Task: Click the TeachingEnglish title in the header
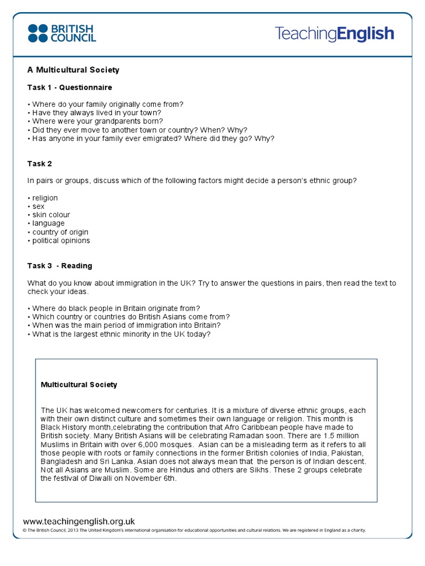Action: (334, 34)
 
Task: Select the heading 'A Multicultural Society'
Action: (73, 70)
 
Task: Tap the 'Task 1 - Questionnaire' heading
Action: (70, 87)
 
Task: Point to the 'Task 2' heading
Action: (40, 164)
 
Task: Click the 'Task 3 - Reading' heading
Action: (60, 266)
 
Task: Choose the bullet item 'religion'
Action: (44, 198)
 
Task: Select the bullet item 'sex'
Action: (38, 206)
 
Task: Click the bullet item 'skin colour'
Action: (51, 215)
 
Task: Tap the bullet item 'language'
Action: (48, 223)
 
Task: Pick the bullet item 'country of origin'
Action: (60, 232)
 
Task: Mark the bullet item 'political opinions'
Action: (61, 240)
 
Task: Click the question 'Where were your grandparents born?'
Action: (97, 121)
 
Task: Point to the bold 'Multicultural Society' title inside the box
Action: (79, 385)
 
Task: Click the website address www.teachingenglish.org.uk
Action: (79, 521)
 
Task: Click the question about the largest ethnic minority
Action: (121, 334)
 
